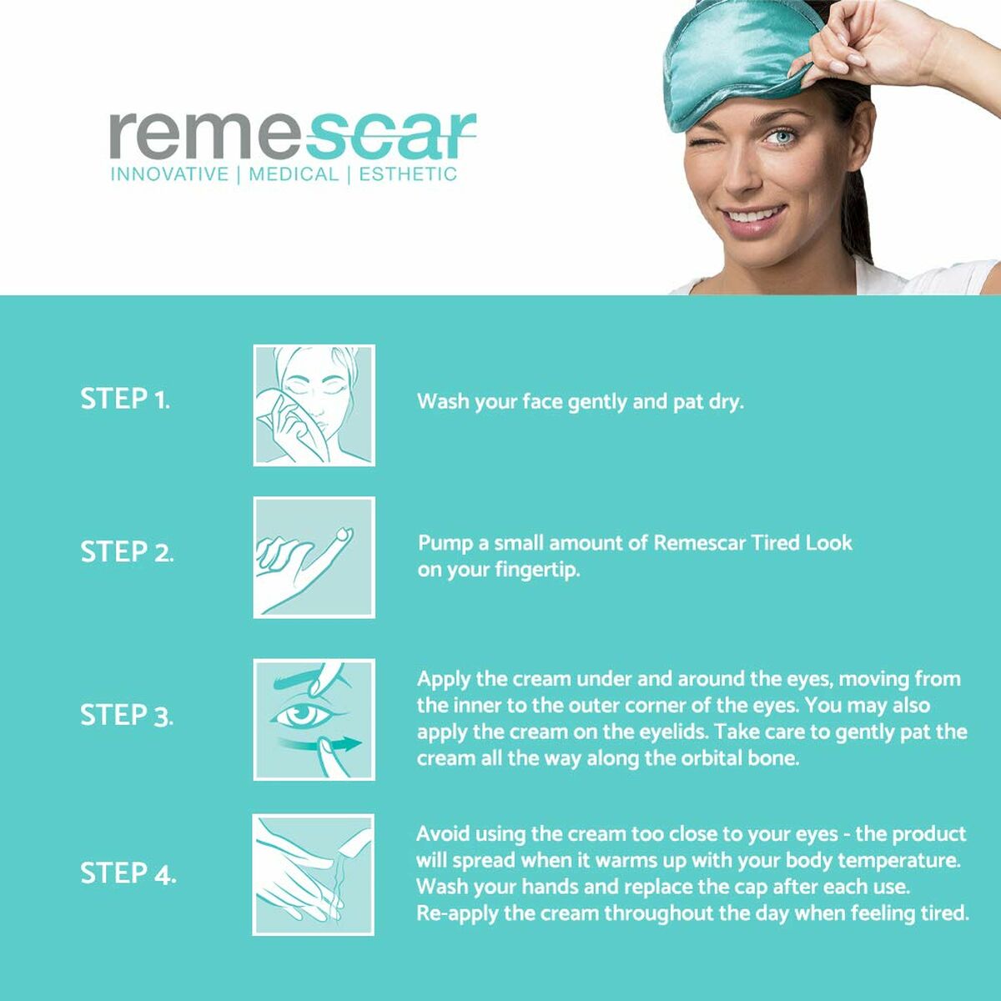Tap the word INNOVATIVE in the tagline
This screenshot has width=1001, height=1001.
tap(170, 174)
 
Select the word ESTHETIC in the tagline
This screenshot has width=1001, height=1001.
tap(408, 174)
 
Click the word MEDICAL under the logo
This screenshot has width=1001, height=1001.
tap(294, 174)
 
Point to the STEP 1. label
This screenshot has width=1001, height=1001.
tap(125, 399)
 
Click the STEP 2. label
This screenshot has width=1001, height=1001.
tap(127, 551)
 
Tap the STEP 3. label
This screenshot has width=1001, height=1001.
tap(127, 715)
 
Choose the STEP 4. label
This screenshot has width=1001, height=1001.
tap(128, 873)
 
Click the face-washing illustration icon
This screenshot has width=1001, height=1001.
tap(314, 405)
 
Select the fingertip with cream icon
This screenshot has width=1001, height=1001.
tap(314, 557)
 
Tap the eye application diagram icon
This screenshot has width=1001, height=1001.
tap(314, 719)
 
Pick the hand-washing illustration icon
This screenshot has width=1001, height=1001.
tap(314, 874)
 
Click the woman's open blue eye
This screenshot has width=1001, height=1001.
tap(779, 138)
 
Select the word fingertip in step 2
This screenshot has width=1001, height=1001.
tap(537, 571)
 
